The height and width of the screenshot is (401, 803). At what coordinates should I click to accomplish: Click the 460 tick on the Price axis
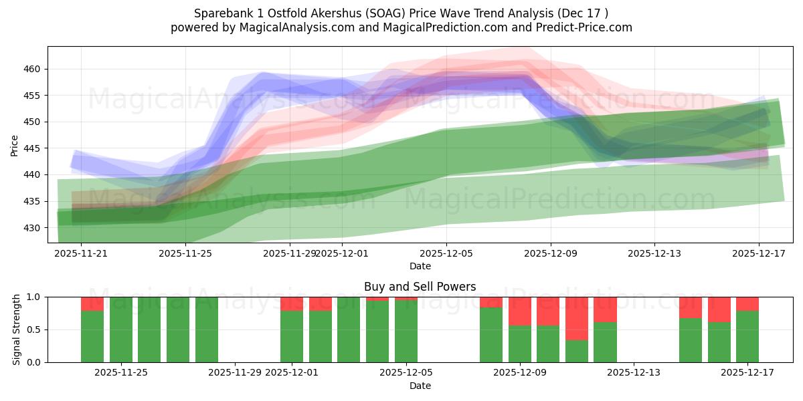(x=33, y=69)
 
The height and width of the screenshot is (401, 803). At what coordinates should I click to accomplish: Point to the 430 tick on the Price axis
(x=33, y=228)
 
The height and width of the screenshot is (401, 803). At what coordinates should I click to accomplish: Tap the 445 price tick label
(x=33, y=148)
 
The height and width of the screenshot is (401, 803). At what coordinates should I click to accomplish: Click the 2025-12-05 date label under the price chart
(x=446, y=253)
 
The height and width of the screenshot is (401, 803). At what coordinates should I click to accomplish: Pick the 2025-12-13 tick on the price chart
(x=654, y=253)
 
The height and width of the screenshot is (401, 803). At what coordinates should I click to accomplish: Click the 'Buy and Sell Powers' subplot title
(x=420, y=287)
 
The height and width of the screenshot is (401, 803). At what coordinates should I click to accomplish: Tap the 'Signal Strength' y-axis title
(x=17, y=329)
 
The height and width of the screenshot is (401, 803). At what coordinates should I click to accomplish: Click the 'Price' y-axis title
(x=15, y=145)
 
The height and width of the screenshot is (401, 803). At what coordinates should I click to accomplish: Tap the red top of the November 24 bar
(x=92, y=304)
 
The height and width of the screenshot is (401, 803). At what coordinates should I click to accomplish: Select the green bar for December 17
(x=747, y=337)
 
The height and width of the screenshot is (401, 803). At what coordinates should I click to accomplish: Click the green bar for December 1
(x=292, y=337)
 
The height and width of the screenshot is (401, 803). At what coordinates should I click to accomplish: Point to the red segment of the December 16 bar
(x=719, y=309)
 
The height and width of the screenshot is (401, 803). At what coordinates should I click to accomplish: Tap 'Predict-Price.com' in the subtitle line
(x=587, y=27)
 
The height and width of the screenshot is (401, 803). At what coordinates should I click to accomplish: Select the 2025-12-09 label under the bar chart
(x=520, y=372)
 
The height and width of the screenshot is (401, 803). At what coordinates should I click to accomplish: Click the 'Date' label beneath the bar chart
(x=420, y=386)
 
